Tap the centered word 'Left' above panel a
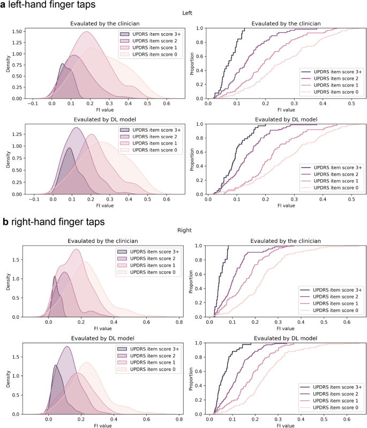(x=183, y=17)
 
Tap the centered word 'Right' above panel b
(x=183, y=232)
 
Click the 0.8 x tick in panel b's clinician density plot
(x=179, y=323)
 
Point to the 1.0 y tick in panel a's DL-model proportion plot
(x=202, y=124)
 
